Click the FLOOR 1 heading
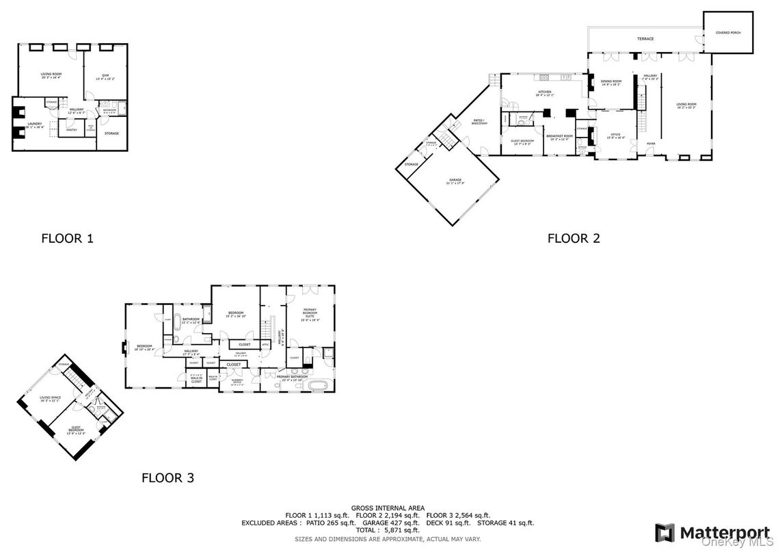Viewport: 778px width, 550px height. [x=67, y=239]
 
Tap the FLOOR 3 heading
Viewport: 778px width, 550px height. [x=167, y=477]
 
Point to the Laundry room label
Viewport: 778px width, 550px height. [x=34, y=125]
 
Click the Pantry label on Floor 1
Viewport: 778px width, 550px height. [x=72, y=129]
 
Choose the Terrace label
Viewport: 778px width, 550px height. [x=645, y=39]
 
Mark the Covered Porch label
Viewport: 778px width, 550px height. [x=727, y=32]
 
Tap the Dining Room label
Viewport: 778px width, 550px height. [x=611, y=82]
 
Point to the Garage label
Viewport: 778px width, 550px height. [x=455, y=181]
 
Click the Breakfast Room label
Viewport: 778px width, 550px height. [x=559, y=137]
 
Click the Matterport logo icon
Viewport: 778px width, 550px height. [x=664, y=532]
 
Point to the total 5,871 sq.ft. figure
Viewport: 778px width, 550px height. [x=388, y=530]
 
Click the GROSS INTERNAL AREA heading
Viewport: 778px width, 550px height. [x=388, y=508]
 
